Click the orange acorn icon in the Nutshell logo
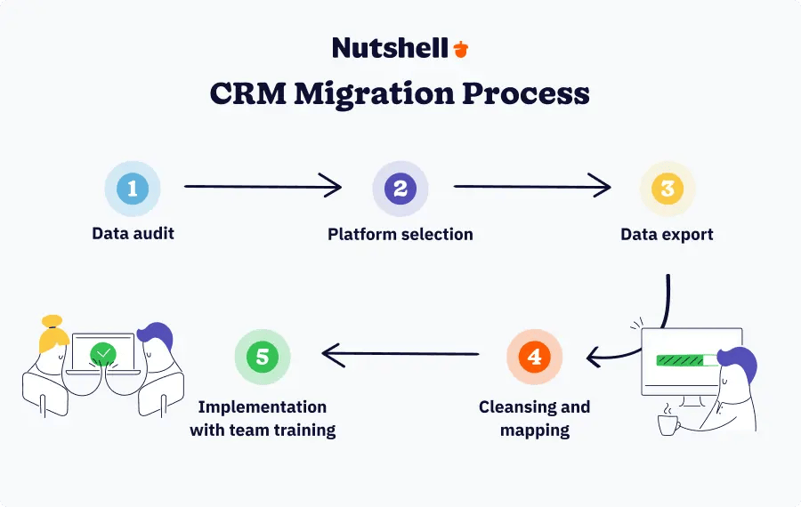point(460,49)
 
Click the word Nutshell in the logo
point(390,48)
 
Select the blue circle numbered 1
point(133,189)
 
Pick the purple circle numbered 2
point(400,189)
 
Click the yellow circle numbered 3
point(667,189)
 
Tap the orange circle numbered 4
point(534,357)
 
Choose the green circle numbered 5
point(263,357)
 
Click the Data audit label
point(133,235)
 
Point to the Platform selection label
point(400,235)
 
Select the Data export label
point(667,235)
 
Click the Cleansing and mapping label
point(534,419)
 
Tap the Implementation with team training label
point(263,419)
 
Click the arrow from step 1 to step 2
point(263,187)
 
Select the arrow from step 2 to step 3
point(532,187)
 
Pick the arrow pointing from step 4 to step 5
point(400,356)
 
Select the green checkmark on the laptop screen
point(103,355)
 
